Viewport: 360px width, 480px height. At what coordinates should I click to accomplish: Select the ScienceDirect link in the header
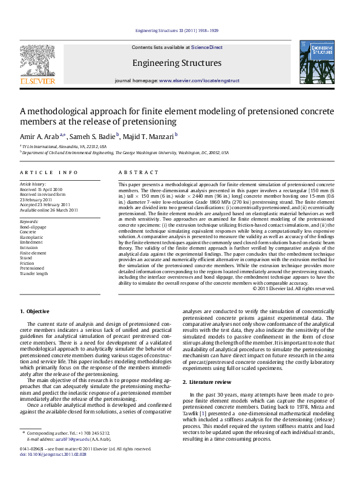(207, 47)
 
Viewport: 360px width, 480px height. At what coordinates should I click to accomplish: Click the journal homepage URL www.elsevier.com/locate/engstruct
(194, 80)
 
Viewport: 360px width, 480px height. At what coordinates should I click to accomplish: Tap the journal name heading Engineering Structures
(177, 63)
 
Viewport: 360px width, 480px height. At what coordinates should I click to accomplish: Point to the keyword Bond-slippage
(33, 227)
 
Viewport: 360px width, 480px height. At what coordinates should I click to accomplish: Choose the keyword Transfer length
(34, 273)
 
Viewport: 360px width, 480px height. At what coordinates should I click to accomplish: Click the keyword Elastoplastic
(31, 237)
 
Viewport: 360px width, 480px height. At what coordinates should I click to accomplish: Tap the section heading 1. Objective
(34, 311)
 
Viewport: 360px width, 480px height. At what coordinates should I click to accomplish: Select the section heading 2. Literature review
(207, 382)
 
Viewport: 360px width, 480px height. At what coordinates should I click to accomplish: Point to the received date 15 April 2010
(51, 189)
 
